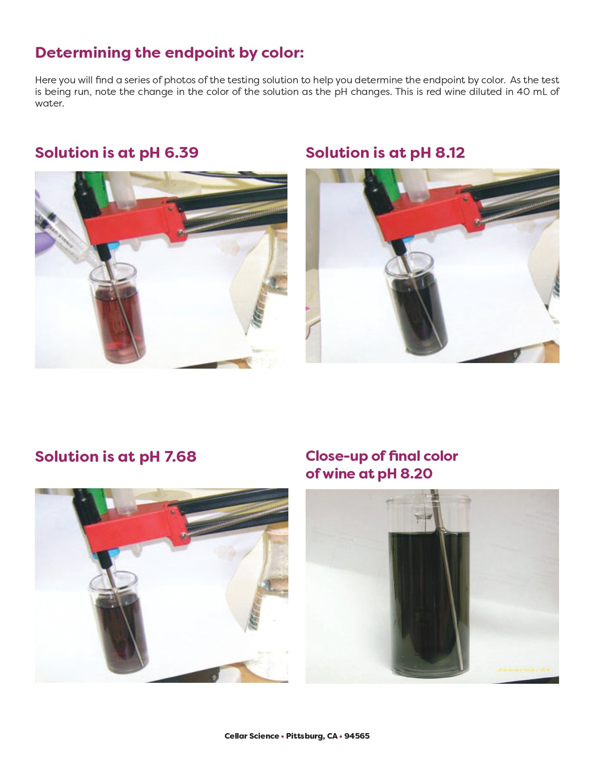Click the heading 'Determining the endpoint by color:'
click(169, 53)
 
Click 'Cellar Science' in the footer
click(252, 736)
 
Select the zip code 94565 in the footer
click(357, 736)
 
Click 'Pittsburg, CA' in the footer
click(312, 736)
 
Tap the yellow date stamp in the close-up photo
click(524, 669)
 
